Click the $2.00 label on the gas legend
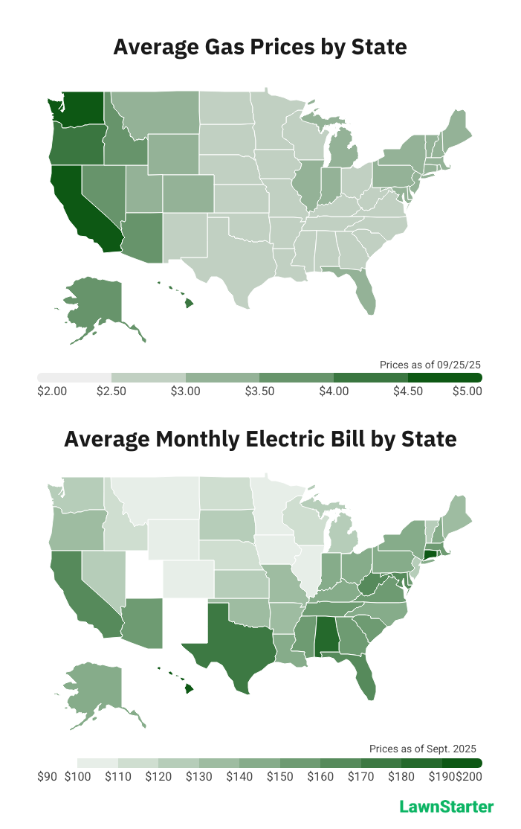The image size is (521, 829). (52, 392)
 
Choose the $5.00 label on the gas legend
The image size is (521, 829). (467, 392)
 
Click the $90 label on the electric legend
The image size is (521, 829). (47, 777)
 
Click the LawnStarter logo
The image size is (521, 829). (446, 807)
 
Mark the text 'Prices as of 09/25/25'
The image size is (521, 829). (430, 365)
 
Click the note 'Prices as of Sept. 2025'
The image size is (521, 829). (422, 749)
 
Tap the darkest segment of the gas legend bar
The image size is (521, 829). (445, 378)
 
